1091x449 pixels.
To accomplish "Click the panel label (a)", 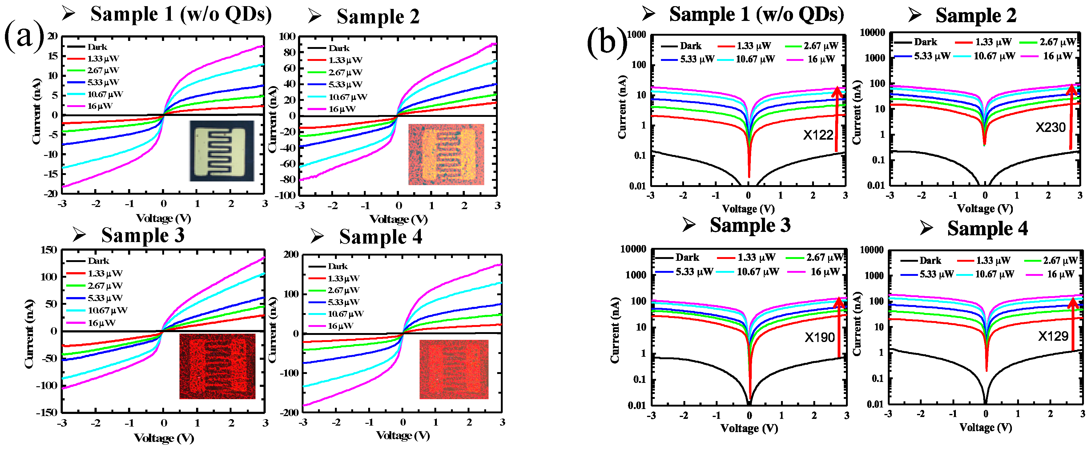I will click(x=24, y=37).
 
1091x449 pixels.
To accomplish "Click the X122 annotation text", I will click(x=818, y=135).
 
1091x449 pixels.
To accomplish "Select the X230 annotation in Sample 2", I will click(x=1050, y=127).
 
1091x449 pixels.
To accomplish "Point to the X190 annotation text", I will click(x=819, y=337).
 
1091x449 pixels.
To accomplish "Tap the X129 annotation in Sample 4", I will click(x=1053, y=336).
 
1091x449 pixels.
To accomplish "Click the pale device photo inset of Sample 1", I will click(x=222, y=151).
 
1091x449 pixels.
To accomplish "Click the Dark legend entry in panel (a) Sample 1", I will click(x=97, y=47).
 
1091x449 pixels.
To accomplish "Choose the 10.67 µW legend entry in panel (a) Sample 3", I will click(x=107, y=311).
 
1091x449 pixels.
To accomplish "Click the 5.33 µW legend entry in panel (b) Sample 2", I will click(x=931, y=56).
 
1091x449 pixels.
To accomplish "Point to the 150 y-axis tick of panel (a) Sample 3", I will click(x=48, y=250).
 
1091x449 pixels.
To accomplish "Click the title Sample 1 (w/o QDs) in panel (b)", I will click(x=756, y=15).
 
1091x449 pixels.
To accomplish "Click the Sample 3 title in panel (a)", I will click(x=143, y=235).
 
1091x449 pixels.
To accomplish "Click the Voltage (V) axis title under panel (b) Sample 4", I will click(x=985, y=427).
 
